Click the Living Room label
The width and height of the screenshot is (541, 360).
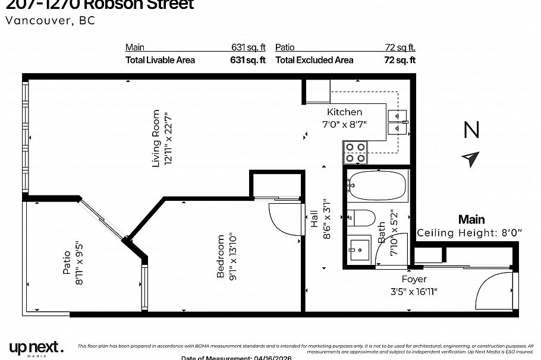coord(156,138)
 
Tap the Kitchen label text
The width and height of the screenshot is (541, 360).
coord(344,112)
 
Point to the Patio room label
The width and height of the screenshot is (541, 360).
coord(67,262)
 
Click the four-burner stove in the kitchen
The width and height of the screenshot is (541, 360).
coord(355,152)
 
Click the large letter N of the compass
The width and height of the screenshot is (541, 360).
coord(471,130)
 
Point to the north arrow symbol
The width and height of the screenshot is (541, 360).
coord(471,159)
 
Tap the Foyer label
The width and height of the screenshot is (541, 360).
coord(414,279)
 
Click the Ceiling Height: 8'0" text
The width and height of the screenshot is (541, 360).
coord(469,233)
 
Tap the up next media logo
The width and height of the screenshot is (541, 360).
coord(36,348)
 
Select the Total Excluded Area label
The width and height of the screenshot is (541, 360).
coord(314,60)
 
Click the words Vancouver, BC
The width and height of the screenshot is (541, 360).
coord(50,20)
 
